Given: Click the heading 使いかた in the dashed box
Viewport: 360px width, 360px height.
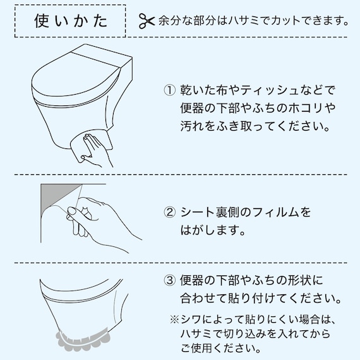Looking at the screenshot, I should tap(70, 20).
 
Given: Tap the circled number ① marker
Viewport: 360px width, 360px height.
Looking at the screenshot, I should tap(169, 90).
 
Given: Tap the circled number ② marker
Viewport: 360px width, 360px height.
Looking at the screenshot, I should tap(169, 212).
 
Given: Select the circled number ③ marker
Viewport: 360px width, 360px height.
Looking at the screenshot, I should tap(169, 279).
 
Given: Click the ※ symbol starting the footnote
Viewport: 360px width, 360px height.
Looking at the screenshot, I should tap(174, 319).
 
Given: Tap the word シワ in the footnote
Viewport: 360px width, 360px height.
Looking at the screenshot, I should tap(190, 319).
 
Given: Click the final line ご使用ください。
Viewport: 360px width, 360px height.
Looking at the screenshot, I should tap(219, 347).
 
